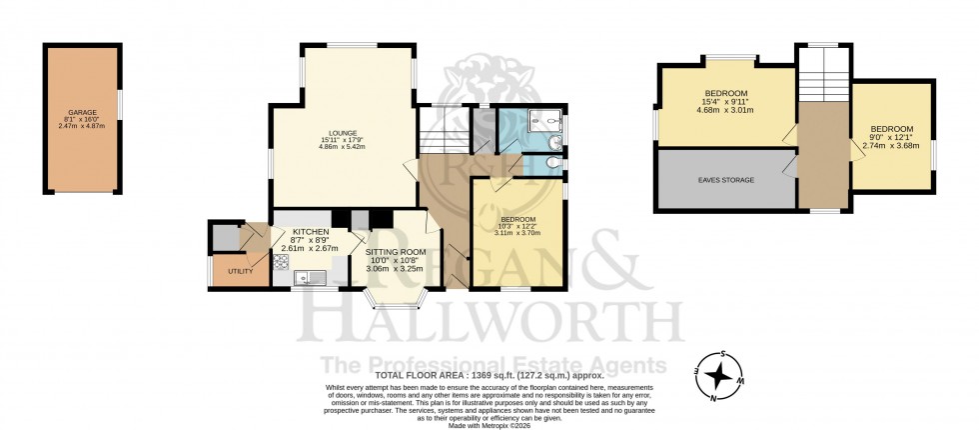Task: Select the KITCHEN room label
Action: click(310, 232)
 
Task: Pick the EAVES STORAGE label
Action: click(726, 180)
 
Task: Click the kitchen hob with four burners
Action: click(282, 264)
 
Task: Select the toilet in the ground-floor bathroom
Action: click(554, 161)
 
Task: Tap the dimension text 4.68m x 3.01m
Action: click(724, 111)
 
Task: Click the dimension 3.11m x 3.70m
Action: click(517, 234)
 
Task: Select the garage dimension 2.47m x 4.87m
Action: click(80, 126)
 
